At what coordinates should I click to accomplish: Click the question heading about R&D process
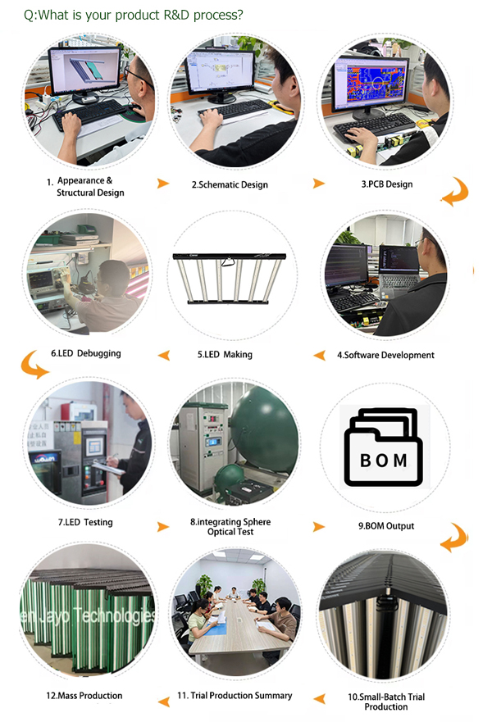[133, 16]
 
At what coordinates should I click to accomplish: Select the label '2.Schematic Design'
[230, 184]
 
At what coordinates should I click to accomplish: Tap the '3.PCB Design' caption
[387, 184]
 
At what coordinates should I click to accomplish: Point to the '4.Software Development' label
[385, 355]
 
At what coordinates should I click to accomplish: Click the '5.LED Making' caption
[225, 354]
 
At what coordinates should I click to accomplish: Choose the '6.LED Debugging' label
[85, 353]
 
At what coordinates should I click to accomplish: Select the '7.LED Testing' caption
[85, 522]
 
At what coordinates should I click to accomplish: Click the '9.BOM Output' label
[386, 526]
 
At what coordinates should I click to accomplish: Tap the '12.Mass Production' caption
[84, 695]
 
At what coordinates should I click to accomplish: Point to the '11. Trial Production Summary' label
[235, 695]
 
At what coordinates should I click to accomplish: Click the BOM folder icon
[384, 447]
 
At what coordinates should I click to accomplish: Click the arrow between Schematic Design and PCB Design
[319, 184]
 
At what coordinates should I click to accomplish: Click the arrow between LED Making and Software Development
[319, 355]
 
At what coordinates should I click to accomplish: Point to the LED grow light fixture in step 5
[230, 279]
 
